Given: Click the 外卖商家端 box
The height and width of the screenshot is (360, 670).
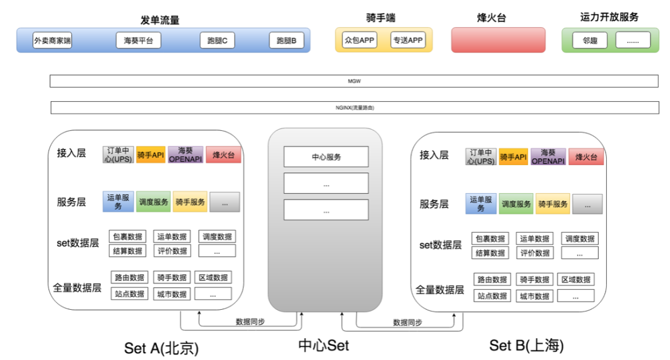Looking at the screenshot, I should coord(53,42).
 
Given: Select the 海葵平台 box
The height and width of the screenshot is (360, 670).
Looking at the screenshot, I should coord(138,42).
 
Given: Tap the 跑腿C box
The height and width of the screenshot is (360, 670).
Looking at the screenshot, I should coord(217,42).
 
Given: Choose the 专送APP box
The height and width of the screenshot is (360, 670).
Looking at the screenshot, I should coord(408,41).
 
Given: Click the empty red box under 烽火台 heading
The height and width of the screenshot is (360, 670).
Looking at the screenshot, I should coord(498,40).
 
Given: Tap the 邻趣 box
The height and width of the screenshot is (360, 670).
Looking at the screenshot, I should coord(589,41).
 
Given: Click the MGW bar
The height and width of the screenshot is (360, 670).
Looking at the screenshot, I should coord(354,81).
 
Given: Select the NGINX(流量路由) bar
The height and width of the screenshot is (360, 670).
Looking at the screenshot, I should coord(354,108).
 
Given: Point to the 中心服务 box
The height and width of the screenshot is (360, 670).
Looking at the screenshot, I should coord(326,157).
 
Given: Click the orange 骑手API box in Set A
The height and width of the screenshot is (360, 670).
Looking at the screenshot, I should coord(151,155).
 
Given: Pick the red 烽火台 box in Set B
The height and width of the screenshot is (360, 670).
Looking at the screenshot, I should coord(586,158).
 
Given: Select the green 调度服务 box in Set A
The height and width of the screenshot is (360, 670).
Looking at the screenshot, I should coord(153,202).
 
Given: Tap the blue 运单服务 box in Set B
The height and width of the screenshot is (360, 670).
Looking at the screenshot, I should coord(481,204).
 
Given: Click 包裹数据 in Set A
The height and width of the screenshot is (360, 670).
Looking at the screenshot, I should coord(127,236).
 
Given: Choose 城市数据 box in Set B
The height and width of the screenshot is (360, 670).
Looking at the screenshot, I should coord(534,296).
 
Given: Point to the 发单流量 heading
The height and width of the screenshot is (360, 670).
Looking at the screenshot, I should coord(160,20).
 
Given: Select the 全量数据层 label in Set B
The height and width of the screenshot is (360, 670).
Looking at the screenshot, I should coord(440,290).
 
